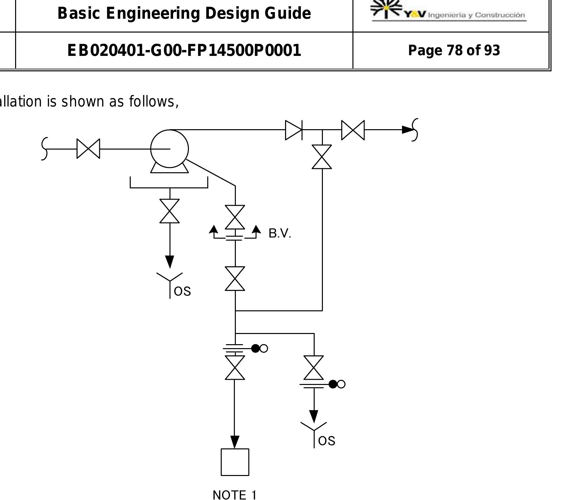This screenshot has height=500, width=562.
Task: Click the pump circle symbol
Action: coord(169,149)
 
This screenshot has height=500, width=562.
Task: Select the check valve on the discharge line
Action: coord(294,130)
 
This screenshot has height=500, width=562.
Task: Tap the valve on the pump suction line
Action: coord(88,149)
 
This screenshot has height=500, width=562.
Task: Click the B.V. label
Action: coord(280,233)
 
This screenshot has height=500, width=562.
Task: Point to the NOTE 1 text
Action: coord(235,495)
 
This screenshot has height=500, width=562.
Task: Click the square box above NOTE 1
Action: coord(235,462)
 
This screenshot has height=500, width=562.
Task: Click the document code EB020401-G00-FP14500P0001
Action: coord(184,50)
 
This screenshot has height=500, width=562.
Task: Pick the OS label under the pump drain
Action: coord(182,291)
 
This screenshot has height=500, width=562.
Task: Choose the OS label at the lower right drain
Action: coord(327,441)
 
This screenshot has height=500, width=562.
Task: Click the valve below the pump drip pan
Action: coord(169,211)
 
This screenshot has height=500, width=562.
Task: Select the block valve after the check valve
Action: coord(353,130)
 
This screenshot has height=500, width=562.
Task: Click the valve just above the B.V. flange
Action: coord(235,217)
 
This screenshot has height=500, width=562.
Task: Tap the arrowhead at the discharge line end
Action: coord(408,130)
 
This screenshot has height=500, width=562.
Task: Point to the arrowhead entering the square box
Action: coord(235,442)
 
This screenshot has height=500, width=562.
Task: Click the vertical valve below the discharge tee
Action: coord(322,157)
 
